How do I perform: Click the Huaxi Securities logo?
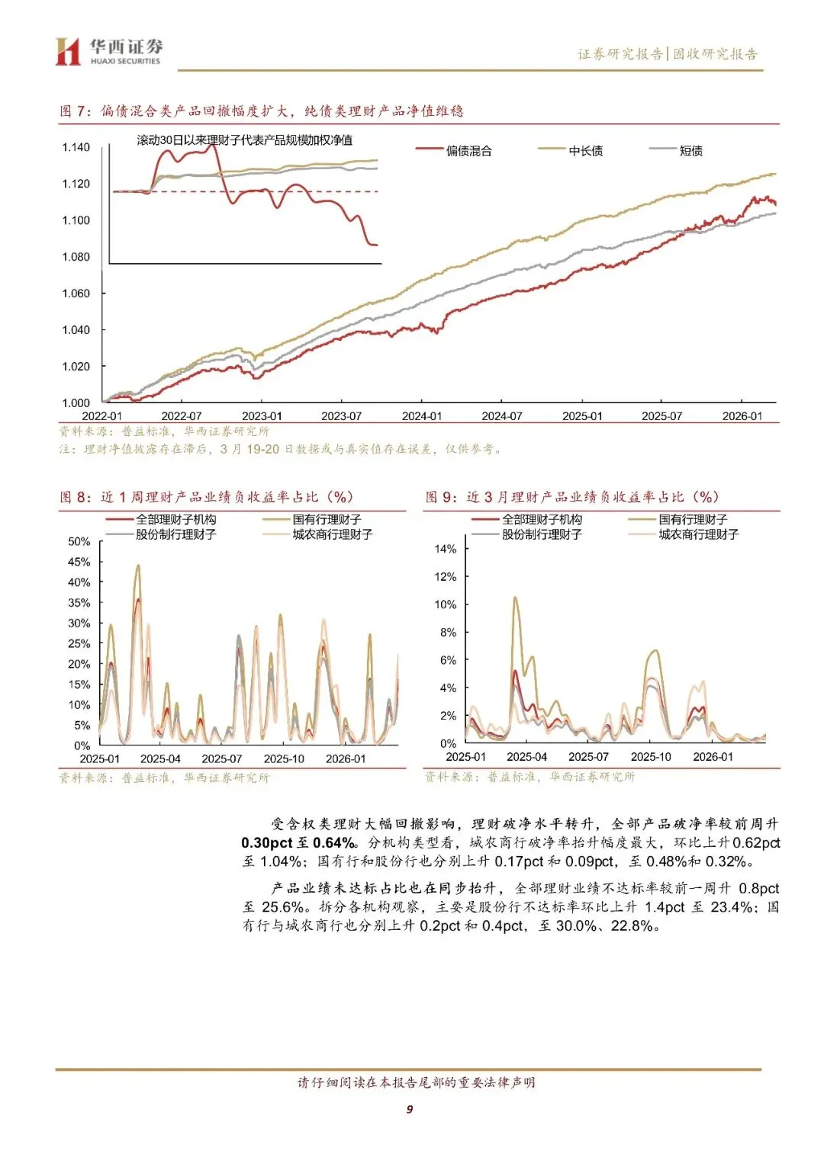point(108,51)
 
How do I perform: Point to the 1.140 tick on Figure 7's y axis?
point(76,147)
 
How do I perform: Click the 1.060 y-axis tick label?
point(76,293)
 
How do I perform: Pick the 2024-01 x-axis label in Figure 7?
point(421,416)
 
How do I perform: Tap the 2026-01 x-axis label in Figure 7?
point(742,416)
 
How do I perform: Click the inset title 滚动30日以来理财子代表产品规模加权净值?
point(244,140)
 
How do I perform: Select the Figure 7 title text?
point(262,111)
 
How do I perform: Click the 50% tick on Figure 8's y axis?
point(79,541)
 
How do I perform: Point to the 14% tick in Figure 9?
point(445,549)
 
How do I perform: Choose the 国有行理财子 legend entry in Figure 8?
point(327,519)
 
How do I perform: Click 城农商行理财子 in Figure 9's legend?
point(698,534)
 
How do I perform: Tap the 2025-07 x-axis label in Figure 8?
point(221,758)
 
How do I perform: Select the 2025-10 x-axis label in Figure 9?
point(651,757)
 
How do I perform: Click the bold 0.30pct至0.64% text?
point(298,843)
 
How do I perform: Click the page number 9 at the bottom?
point(410,1109)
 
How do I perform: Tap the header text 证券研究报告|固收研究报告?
point(668,54)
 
